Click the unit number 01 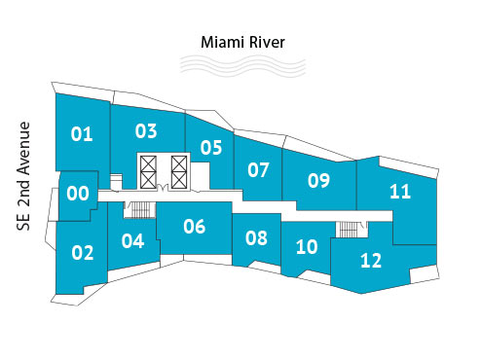coord(82,134)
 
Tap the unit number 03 coord(146,130)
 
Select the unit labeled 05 coord(211,148)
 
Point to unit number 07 coord(258,170)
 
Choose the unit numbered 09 coord(318,180)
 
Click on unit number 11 coord(400,191)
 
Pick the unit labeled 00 coord(78,194)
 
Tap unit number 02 coord(83,253)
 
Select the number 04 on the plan coord(133,240)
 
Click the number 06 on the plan coord(195,227)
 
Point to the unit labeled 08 coord(256,237)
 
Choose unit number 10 coord(307,247)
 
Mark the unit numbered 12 coord(371,261)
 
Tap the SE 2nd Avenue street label coord(25,175)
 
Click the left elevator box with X coord(148,171)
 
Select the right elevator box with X coord(180,171)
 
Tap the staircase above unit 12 coord(348,230)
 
